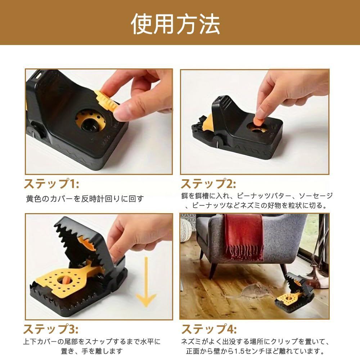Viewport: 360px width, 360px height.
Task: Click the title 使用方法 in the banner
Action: coord(175,23)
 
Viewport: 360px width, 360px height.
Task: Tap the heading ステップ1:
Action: coord(51,184)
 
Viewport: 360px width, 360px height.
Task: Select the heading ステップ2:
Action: coord(208,184)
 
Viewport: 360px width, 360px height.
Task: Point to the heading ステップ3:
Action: coord(51,329)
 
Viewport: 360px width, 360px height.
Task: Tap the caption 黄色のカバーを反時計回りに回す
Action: coord(85,199)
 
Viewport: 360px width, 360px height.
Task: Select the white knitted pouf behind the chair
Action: coord(188,230)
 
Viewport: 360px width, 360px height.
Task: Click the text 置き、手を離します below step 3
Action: coord(92,351)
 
